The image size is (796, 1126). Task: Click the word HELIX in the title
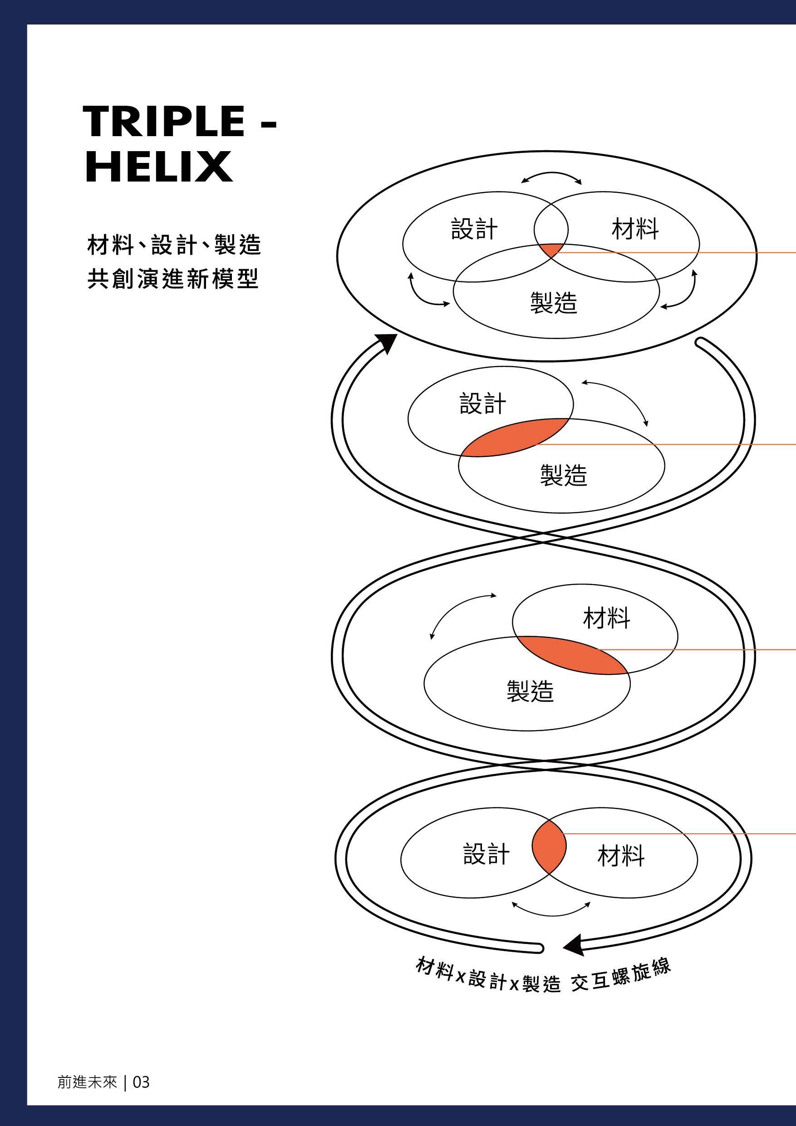tap(158, 167)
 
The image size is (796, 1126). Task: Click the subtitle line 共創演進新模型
tap(172, 279)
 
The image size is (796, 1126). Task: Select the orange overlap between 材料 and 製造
tap(574, 655)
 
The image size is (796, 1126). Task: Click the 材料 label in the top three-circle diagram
tap(635, 229)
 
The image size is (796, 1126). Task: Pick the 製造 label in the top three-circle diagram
tap(554, 302)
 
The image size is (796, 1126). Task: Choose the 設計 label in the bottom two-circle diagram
tap(486, 854)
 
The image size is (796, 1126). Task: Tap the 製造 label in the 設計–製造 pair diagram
tap(564, 475)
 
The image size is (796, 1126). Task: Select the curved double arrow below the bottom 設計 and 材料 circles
tap(551, 910)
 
